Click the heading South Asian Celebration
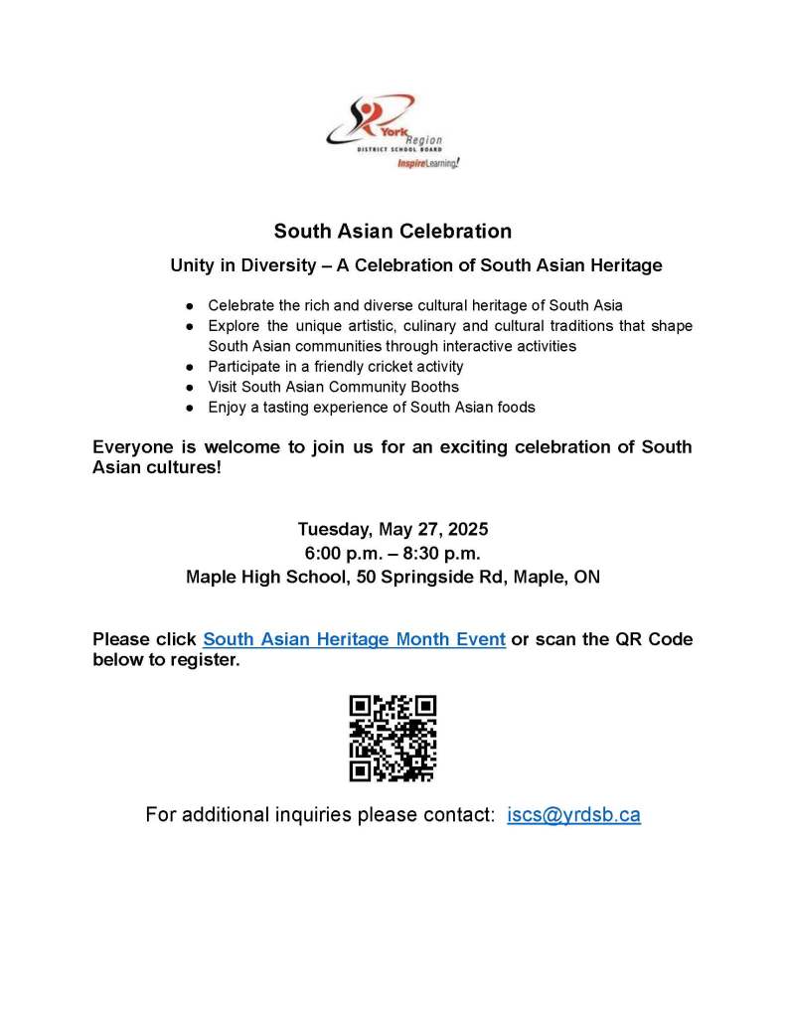coord(393,232)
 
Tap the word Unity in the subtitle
coord(193,266)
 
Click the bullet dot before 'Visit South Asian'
coord(190,387)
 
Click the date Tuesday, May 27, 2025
coord(393,529)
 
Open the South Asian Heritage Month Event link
coord(355,639)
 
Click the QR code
coord(393,738)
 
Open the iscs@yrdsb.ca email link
coord(573,815)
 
